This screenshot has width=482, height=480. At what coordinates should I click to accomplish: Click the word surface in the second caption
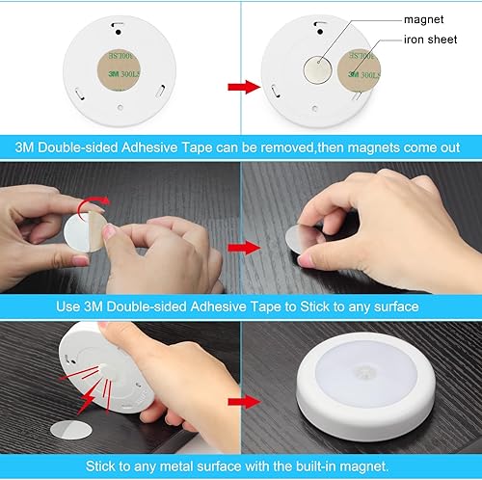tap(386, 307)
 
